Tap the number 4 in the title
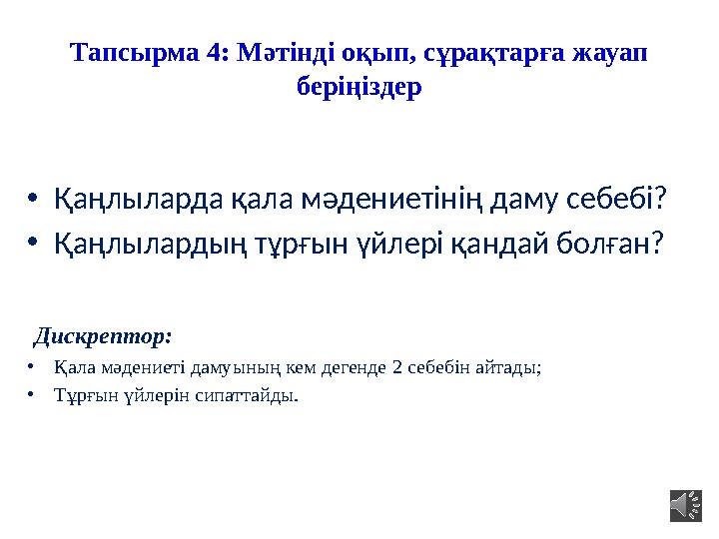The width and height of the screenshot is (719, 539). pos(214,53)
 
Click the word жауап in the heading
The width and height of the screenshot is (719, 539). pos(609,54)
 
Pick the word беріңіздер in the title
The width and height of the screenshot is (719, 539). pos(359,87)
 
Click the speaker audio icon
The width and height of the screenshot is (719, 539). pos(686,504)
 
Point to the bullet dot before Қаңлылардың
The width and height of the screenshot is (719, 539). pos(34,243)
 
